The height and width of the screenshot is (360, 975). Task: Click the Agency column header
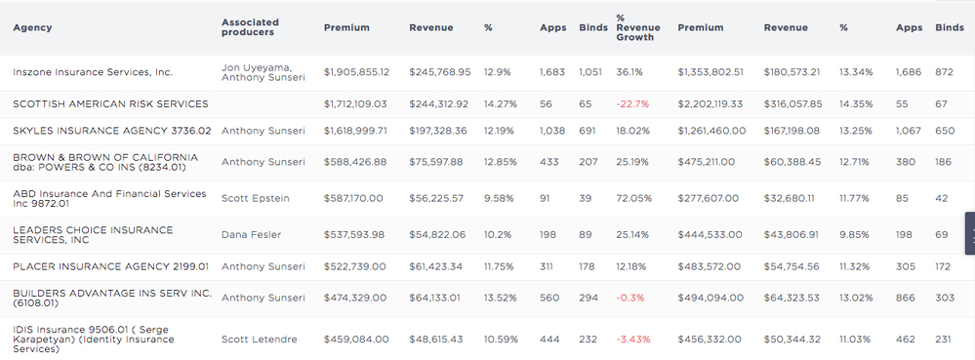32,27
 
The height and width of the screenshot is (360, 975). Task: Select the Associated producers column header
250,27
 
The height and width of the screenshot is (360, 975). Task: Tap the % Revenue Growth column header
634,27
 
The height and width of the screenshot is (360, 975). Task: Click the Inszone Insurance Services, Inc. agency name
93,72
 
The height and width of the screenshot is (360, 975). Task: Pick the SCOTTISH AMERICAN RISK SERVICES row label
110,103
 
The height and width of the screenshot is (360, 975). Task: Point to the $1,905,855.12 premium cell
356,72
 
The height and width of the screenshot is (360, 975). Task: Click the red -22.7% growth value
632,103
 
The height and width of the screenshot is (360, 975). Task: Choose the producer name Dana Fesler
252,234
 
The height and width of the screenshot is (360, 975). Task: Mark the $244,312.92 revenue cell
439,103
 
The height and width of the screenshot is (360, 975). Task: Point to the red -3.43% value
634,339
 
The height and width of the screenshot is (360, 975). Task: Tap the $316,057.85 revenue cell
793,103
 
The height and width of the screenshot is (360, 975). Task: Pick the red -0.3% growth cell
630,298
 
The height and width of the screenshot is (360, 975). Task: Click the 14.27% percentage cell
501,103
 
